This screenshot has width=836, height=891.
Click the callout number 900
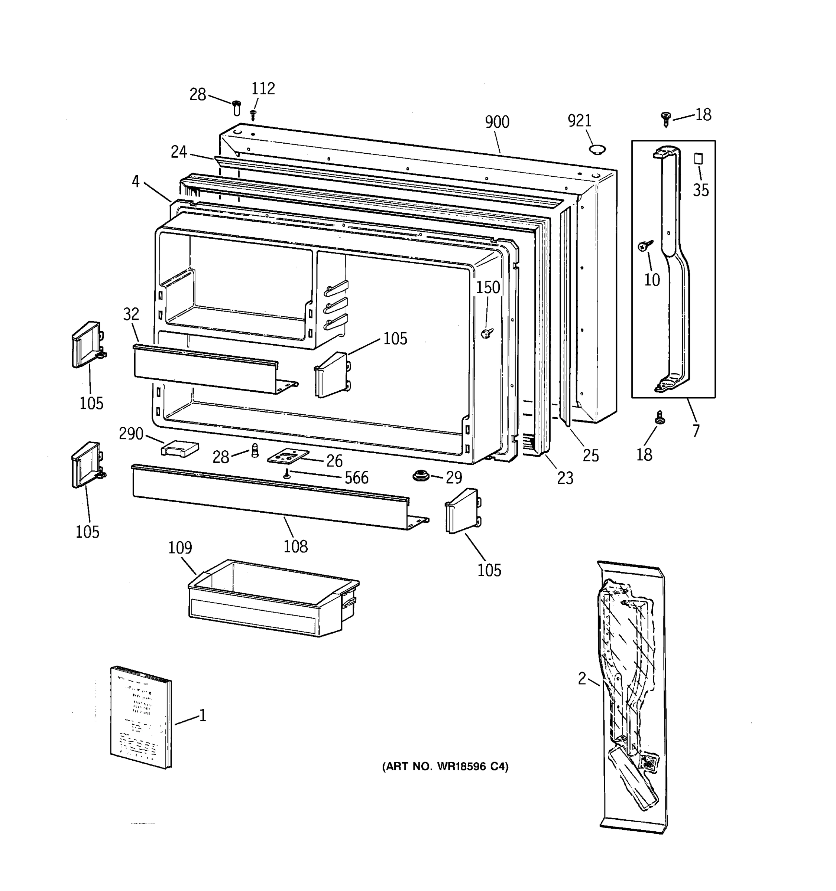(497, 122)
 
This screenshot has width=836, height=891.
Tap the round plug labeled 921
(597, 150)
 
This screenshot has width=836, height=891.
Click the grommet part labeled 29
(421, 476)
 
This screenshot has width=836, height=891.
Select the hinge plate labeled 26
(288, 456)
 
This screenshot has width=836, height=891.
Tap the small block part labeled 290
(179, 448)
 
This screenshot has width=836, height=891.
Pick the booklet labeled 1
(141, 718)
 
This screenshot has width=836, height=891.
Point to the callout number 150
(487, 287)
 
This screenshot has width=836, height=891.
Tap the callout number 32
(131, 314)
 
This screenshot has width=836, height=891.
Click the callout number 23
(565, 478)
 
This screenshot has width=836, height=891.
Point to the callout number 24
(178, 152)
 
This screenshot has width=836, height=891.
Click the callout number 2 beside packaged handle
(582, 679)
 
